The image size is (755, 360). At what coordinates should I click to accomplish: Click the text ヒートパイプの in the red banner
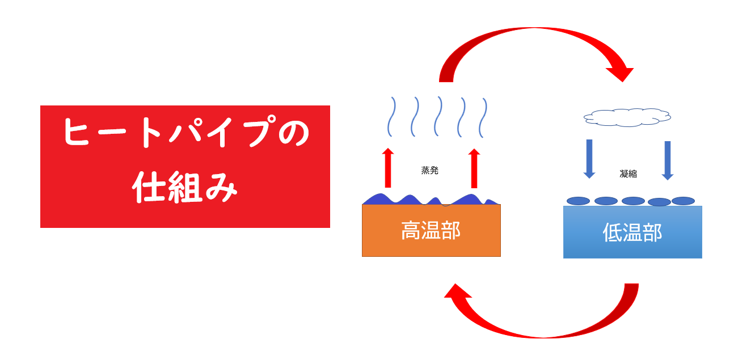185,134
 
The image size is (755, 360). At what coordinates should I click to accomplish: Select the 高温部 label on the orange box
431,231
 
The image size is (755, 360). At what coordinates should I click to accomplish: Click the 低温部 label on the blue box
632,232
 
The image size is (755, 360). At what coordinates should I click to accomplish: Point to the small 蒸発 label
430,170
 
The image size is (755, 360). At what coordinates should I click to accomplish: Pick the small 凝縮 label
628,173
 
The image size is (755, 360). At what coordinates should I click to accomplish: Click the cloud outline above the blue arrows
627,117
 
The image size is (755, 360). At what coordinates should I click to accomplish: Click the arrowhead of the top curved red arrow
619,73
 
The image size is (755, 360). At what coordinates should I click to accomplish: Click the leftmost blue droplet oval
579,201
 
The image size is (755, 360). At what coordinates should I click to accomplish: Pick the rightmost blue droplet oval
683,201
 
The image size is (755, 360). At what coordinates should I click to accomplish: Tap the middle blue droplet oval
633,201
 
